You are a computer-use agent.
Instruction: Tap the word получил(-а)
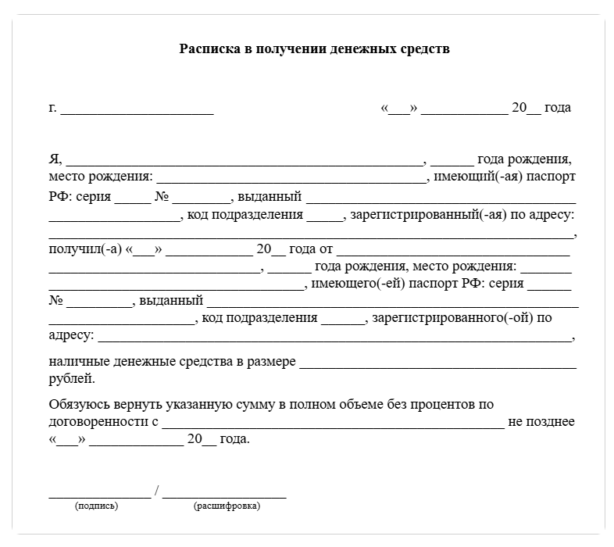(x=84, y=249)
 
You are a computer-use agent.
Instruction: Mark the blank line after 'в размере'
(x=437, y=365)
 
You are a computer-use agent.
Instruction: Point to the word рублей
(x=72, y=379)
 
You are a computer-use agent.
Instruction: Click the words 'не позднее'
(x=541, y=422)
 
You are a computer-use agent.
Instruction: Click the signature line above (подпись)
(x=99, y=495)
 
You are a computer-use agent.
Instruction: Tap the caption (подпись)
(x=96, y=506)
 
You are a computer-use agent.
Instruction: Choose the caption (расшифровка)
(x=227, y=506)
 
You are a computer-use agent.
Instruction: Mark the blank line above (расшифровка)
(x=224, y=495)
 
